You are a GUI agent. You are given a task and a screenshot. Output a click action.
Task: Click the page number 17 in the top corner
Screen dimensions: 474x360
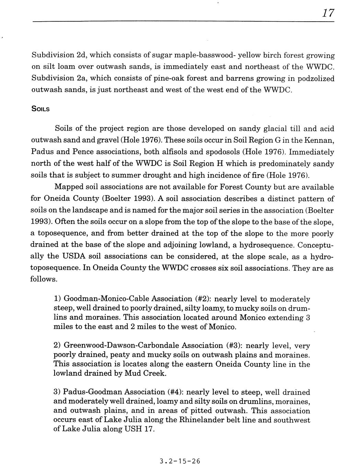pos(327,13)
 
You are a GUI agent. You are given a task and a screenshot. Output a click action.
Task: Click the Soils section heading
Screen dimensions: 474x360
pos(40,109)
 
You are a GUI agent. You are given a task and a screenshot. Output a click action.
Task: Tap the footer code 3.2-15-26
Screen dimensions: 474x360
pos(179,461)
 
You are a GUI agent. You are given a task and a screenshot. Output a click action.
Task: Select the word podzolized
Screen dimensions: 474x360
pos(315,78)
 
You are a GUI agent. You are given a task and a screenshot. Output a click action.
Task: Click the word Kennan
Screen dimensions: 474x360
pos(320,140)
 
